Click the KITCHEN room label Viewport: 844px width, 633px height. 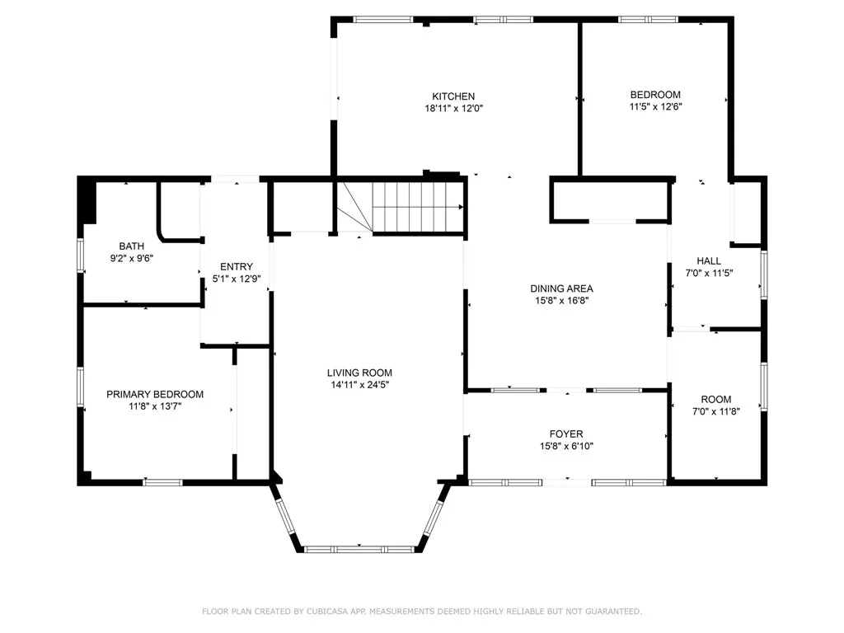[453, 96]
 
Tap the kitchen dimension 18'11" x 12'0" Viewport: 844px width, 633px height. [453, 108]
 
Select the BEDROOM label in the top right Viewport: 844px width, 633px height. [655, 95]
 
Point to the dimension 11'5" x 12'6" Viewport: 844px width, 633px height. [655, 106]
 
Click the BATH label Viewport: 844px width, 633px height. [131, 246]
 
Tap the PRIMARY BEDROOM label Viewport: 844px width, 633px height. [155, 395]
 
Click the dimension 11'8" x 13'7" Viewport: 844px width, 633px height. [155, 406]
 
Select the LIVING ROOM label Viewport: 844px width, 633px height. [359, 373]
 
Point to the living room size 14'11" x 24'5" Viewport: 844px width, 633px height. [359, 384]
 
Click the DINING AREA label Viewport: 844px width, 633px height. [561, 288]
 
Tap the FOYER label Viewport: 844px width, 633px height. [566, 434]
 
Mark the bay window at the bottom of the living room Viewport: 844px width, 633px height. [359, 547]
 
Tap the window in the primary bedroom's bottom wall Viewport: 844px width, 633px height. [163, 481]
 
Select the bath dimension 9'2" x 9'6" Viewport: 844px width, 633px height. [131, 258]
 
